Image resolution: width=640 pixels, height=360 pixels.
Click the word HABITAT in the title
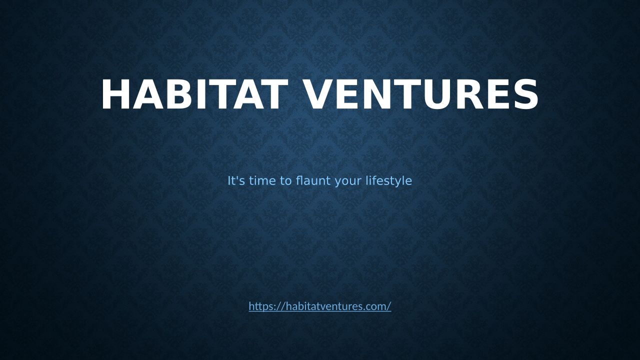click(x=194, y=94)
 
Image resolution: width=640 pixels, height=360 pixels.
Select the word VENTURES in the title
click(x=419, y=94)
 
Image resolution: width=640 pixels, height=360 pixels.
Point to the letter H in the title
click(x=115, y=94)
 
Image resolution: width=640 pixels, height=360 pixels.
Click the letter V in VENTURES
click(x=315, y=94)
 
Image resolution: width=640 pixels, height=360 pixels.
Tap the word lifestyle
click(x=388, y=181)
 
